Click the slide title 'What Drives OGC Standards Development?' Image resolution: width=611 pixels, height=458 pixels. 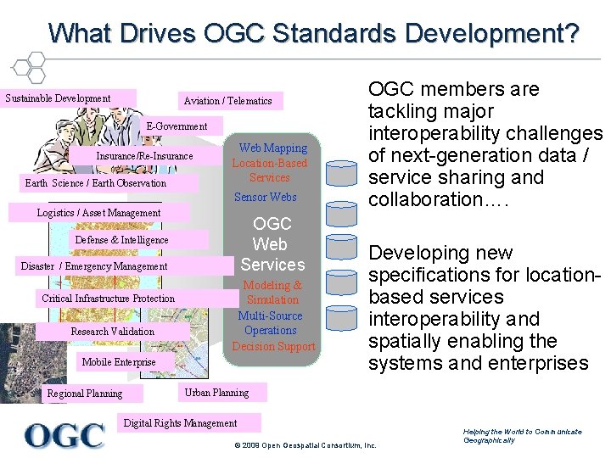click(314, 33)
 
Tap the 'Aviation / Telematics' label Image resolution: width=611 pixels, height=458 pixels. click(227, 101)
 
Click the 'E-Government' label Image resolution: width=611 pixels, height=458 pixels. click(177, 126)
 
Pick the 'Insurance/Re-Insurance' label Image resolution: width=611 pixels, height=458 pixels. click(144, 156)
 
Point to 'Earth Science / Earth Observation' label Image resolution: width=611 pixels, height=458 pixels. click(96, 183)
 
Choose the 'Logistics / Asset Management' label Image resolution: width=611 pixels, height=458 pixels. click(98, 213)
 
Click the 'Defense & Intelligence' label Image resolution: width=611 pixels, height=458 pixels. click(121, 240)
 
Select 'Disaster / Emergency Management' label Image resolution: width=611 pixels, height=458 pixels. click(94, 266)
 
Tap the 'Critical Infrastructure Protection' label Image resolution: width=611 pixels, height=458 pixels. click(108, 299)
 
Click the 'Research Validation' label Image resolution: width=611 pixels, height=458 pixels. click(112, 332)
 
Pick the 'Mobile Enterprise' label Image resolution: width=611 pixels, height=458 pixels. click(119, 362)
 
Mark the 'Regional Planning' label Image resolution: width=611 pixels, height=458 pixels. click(85, 394)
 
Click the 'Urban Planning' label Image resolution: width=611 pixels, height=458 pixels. click(216, 393)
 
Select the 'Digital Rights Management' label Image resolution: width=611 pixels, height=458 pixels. click(181, 423)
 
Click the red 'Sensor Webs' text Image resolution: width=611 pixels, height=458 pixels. click(265, 198)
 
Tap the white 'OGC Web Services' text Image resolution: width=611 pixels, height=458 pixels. click(272, 244)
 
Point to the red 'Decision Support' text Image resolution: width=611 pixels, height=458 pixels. click(273, 346)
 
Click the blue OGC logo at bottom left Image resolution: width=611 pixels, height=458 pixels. click(64, 435)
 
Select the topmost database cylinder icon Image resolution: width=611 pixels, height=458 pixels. click(342, 174)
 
